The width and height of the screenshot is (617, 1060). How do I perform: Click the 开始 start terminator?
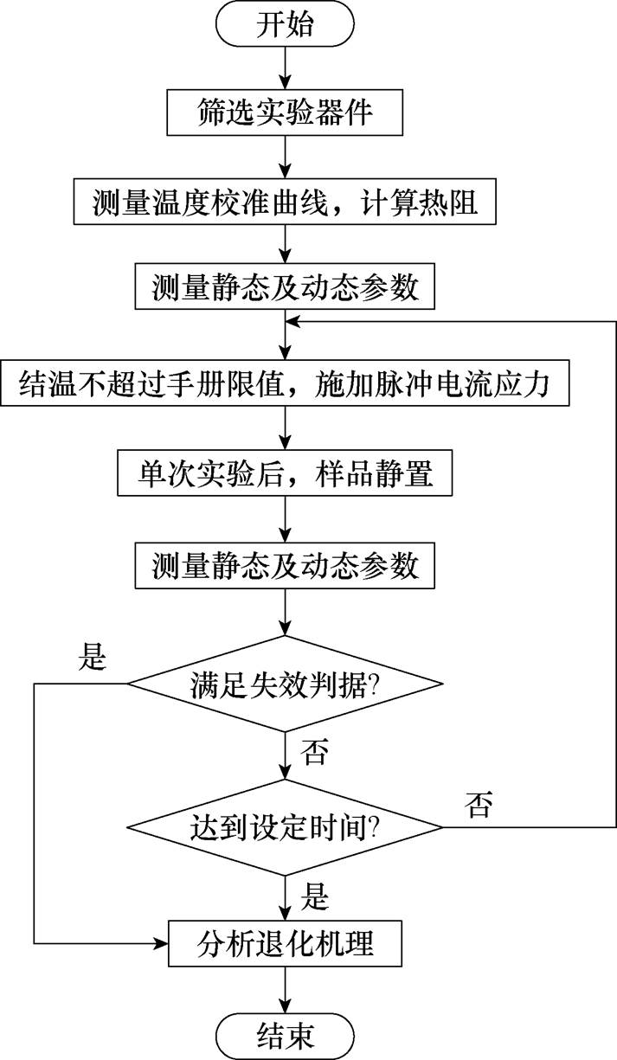[285, 25]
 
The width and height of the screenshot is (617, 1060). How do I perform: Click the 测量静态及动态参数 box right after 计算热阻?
[285, 287]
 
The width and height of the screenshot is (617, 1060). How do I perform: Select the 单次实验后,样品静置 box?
[285, 473]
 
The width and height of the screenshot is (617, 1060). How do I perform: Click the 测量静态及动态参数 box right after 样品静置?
[285, 566]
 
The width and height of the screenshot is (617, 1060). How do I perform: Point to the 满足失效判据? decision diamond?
[285, 684]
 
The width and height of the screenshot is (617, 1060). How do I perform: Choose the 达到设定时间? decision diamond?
[285, 828]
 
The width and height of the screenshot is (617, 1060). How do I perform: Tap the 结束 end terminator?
[285, 1033]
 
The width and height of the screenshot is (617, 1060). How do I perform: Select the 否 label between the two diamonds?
[313, 752]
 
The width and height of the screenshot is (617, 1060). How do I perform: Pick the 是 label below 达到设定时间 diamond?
[313, 896]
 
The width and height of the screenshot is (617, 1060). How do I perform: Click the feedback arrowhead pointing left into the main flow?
[294, 321]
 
